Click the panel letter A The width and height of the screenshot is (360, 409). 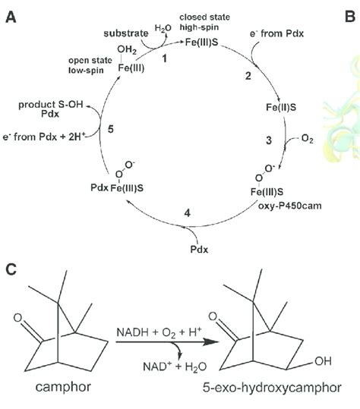pos(11,17)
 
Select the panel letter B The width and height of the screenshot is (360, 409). pos(349,17)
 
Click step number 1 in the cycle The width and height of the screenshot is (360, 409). pos(164,58)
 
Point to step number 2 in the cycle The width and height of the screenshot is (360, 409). pos(248,76)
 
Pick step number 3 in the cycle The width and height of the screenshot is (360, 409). pos(269,140)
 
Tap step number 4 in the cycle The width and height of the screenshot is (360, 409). pos(187,212)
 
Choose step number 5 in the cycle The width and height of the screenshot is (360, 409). pos(111,129)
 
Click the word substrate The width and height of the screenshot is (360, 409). pos(126,33)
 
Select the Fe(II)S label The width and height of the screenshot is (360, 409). pos(281,107)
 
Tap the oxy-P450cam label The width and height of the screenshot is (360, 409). pos(290,206)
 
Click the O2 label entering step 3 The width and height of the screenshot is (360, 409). pos(307,139)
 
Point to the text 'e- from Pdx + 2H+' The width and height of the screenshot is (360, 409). pos(44,137)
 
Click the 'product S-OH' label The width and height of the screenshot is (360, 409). pos(51,105)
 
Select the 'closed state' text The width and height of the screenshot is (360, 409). pos(204,17)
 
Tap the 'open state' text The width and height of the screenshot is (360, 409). pos(90,60)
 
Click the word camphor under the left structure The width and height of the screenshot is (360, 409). pos(63,386)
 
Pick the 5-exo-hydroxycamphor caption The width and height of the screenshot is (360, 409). pos(272,388)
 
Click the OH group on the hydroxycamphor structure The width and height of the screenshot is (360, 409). pos(323,361)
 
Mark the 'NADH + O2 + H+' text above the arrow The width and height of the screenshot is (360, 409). pos(159,332)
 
